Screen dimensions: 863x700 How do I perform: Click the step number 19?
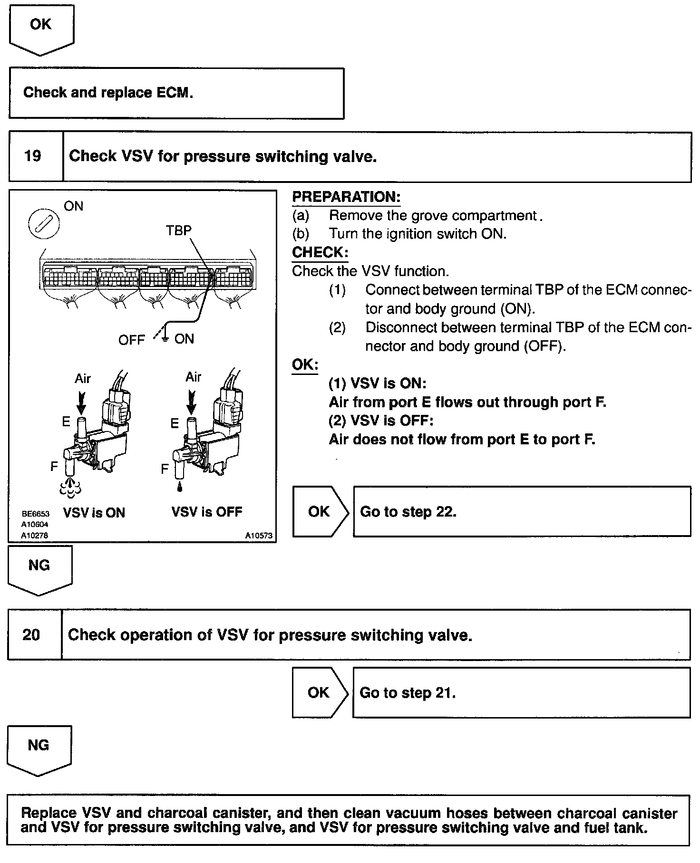32,156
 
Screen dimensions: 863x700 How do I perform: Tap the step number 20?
31,634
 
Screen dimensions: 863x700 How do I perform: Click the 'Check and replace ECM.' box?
176,93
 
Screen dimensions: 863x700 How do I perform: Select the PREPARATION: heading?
346,197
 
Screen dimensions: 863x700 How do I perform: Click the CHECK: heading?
320,252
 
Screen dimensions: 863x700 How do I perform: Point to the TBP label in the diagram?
179,230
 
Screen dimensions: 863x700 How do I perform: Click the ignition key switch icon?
44,224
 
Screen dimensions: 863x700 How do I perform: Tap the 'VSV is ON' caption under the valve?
94,513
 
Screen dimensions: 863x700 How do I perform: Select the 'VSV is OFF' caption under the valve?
207,512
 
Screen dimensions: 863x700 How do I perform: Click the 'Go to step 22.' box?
522,511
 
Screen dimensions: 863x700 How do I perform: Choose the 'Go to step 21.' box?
521,692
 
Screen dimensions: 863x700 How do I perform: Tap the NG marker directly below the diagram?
39,568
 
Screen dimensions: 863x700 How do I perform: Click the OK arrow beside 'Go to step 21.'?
320,692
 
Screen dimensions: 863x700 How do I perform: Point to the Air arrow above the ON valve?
81,402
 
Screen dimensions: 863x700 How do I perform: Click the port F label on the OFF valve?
165,470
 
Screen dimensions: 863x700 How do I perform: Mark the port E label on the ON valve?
66,422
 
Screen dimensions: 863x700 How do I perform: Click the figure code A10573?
259,536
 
